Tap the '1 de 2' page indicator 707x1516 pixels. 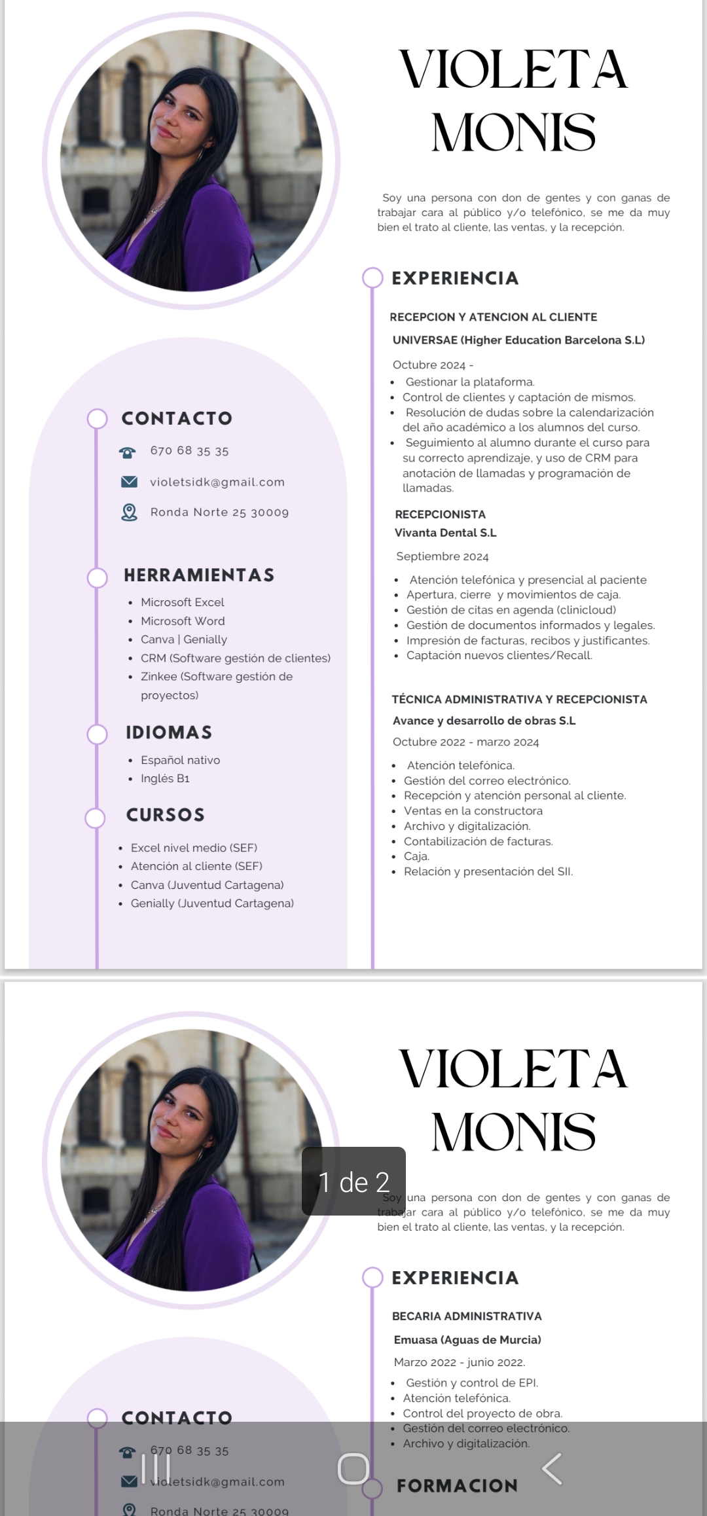click(353, 1182)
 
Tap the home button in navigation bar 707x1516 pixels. click(353, 1468)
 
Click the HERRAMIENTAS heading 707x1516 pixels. click(199, 575)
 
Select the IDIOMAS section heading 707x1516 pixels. click(169, 732)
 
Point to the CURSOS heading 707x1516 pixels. click(166, 815)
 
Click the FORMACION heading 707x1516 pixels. click(457, 1486)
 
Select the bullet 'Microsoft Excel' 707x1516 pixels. click(182, 602)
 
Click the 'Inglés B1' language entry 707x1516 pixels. click(165, 778)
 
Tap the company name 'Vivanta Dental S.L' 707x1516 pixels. click(445, 533)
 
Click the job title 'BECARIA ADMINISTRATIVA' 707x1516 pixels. click(467, 1316)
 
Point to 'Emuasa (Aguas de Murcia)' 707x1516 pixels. click(467, 1339)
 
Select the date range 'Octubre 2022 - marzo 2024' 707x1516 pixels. click(465, 742)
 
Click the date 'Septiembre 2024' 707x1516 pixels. click(443, 556)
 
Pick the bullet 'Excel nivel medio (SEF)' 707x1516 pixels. click(194, 848)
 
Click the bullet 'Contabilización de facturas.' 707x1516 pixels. click(478, 841)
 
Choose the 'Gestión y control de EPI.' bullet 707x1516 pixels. click(471, 1382)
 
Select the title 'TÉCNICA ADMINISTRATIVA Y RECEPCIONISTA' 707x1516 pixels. click(519, 699)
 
